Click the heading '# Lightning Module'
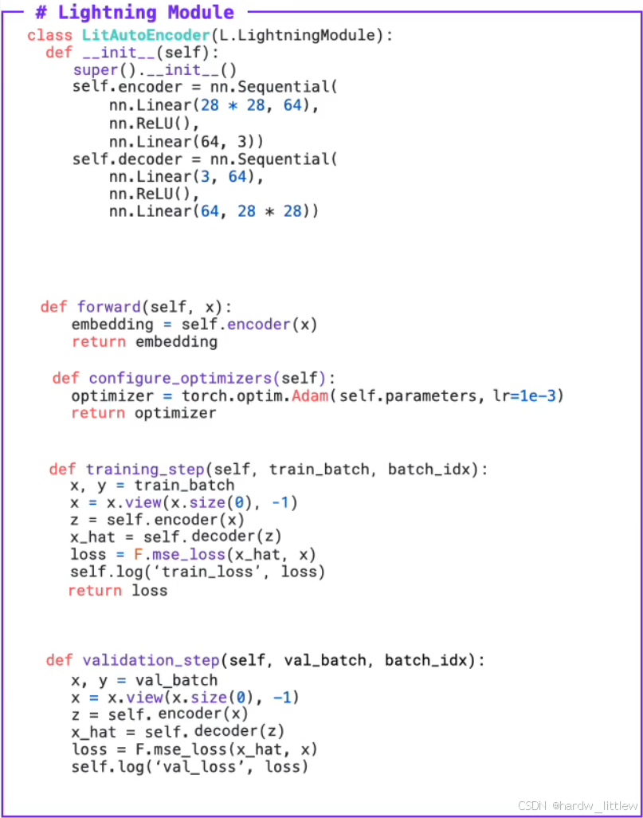click(135, 13)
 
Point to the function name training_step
click(134, 470)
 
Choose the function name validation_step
click(150, 660)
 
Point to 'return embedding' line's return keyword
click(98, 342)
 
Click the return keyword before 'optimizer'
click(98, 413)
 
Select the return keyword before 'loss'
click(95, 591)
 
